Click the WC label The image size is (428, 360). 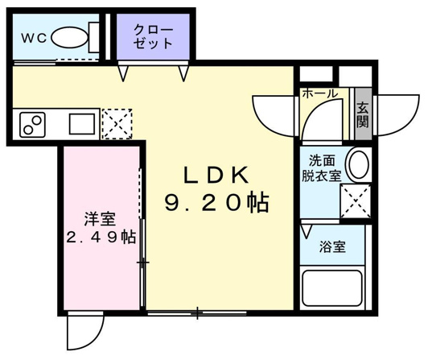coord(34,39)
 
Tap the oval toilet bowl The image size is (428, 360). coord(70,37)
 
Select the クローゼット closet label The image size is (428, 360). coord(153,36)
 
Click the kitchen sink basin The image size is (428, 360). coord(82,124)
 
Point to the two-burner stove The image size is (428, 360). coord(32,125)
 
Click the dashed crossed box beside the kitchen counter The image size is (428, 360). coord(117,124)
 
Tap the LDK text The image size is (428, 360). coord(216,175)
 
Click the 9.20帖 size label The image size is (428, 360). coord(217,203)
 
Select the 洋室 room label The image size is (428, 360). coord(101,219)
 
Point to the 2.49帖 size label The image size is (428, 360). coord(101,237)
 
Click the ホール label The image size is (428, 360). coord(320,93)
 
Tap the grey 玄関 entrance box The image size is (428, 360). coord(364,114)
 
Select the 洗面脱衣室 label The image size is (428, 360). coord(322,168)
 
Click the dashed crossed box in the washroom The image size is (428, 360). coord(356,201)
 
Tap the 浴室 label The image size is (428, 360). coord(332,246)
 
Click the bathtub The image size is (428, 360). coord(332,288)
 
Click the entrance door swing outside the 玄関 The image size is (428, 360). coord(397,115)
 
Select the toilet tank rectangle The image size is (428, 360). coord(93,37)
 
